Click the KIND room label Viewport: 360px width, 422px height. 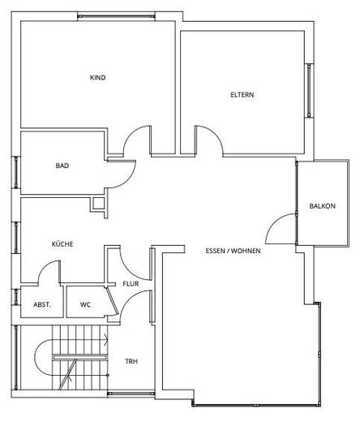98,78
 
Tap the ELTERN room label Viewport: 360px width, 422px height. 242,95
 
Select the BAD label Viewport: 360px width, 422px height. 62,166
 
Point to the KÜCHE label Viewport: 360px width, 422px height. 62,243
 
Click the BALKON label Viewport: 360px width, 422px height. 322,206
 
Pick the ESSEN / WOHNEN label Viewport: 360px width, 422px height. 233,252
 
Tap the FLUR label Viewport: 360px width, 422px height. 131,284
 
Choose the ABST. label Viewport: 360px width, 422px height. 42,305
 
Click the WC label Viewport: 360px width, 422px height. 85,305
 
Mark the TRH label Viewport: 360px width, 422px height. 131,361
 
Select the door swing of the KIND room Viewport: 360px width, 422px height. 135,138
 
